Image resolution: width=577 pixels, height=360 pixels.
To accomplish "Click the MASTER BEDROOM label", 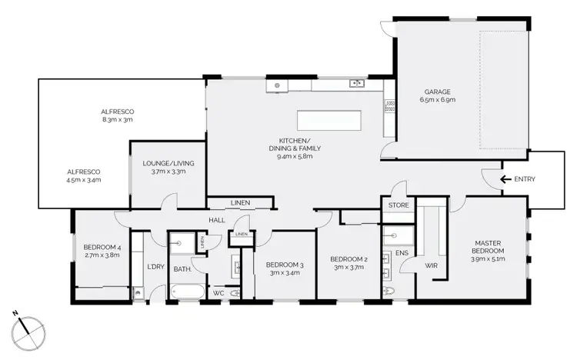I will [x=489, y=246].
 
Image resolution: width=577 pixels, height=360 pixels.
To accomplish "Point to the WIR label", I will [x=431, y=266].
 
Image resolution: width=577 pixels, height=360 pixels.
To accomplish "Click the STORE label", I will [x=399, y=205].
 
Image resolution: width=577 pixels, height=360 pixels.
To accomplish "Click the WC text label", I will [x=218, y=293].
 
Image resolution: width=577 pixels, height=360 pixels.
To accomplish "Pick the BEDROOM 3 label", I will [x=285, y=265].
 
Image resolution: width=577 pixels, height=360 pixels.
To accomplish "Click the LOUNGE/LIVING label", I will [x=168, y=162].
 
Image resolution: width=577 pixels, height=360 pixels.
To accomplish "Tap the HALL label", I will [x=215, y=221].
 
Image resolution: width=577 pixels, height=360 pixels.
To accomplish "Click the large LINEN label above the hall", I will [x=240, y=203].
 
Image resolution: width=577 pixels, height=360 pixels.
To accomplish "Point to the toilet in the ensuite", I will [x=389, y=292].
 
